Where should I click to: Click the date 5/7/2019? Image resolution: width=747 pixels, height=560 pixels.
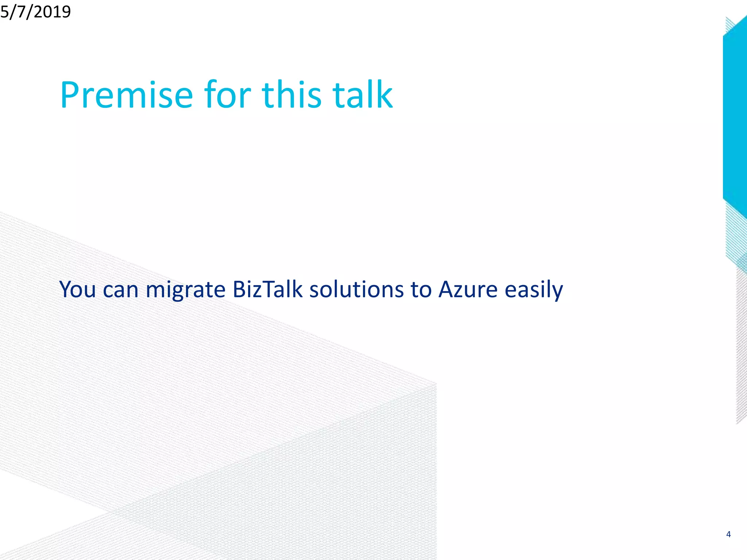35,12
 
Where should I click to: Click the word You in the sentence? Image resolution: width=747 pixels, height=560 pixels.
77,289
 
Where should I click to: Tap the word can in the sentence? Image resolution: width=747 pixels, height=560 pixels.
121,290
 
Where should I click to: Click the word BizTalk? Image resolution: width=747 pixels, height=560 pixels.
267,289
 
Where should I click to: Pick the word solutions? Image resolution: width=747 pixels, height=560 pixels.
357,289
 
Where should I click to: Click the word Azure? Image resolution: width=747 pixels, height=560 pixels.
468,289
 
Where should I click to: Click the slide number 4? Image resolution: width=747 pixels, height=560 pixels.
728,534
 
